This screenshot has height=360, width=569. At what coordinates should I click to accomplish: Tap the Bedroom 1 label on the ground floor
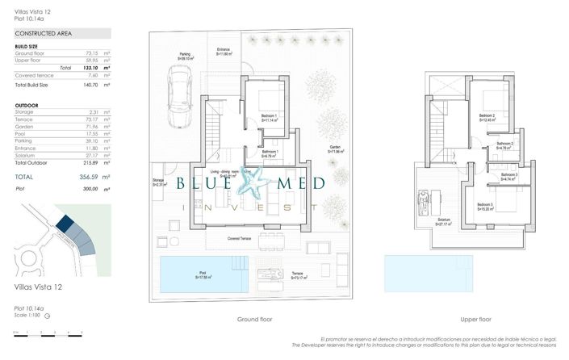point(269,117)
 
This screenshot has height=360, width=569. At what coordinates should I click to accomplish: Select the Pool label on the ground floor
point(203,274)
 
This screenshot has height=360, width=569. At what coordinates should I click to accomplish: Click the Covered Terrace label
point(244,240)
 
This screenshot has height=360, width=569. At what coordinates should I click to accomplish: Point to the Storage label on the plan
point(158,180)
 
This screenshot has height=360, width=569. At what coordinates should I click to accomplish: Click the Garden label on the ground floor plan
point(335,147)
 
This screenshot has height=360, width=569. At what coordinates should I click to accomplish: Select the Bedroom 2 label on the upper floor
point(487,116)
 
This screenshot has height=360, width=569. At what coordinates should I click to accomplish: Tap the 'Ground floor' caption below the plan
point(255,319)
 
